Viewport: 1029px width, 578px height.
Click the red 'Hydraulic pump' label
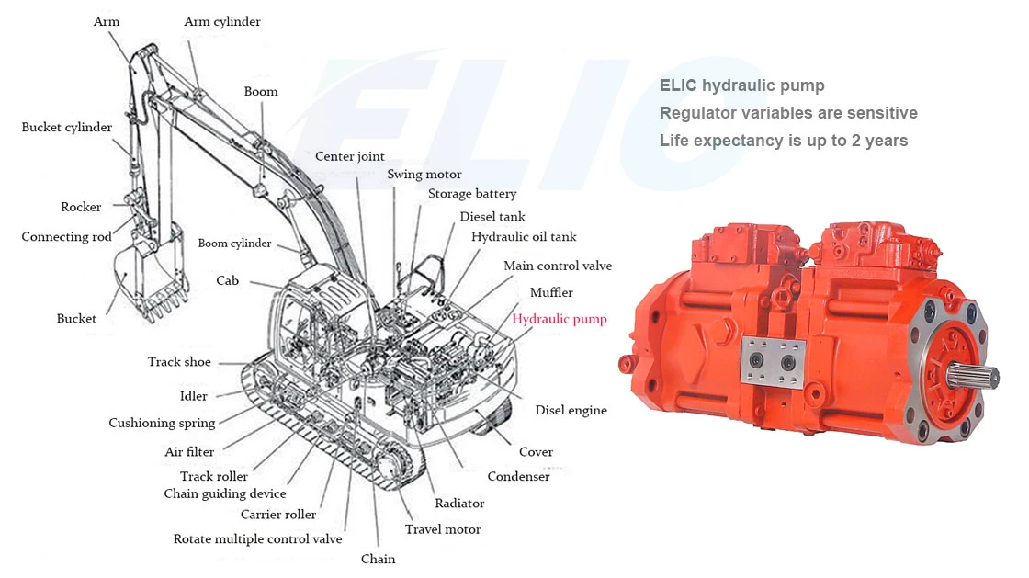[559, 319]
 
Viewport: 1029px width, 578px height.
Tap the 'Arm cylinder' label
[222, 21]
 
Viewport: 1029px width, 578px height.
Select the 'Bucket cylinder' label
[67, 128]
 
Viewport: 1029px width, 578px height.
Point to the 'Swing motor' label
[424, 174]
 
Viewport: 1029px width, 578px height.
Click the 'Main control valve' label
[557, 266]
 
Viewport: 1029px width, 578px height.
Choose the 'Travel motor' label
[443, 529]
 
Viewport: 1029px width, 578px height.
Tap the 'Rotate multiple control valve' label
[257, 539]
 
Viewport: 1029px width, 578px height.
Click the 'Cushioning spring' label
[162, 424]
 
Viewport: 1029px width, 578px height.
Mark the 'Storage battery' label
[472, 194]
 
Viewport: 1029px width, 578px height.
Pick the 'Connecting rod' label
[67, 237]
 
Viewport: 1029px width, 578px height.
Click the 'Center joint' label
[350, 156]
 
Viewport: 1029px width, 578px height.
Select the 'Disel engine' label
[571, 411]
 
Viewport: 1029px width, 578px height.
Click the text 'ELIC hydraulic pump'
[741, 85]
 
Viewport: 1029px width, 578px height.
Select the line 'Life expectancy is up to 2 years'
[784, 141]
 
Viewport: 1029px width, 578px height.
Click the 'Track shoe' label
[179, 362]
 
